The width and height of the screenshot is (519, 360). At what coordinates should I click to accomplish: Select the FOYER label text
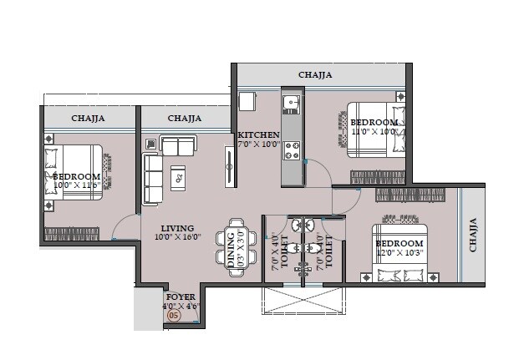(180, 297)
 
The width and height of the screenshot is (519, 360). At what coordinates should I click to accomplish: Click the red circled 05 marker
(174, 315)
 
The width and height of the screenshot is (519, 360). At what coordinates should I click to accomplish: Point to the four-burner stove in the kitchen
(293, 150)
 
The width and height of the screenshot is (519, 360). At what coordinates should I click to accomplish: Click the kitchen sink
(291, 104)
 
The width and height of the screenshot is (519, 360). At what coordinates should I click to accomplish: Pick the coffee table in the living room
(179, 176)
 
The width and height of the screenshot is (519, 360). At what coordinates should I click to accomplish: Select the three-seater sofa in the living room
(152, 178)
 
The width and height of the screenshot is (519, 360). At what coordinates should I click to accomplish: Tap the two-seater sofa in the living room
(178, 147)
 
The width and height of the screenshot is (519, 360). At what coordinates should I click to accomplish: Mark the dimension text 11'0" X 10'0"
(374, 132)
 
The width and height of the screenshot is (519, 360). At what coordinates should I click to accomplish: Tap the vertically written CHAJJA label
(473, 235)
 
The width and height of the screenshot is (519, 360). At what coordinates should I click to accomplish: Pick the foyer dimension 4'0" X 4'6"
(181, 306)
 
